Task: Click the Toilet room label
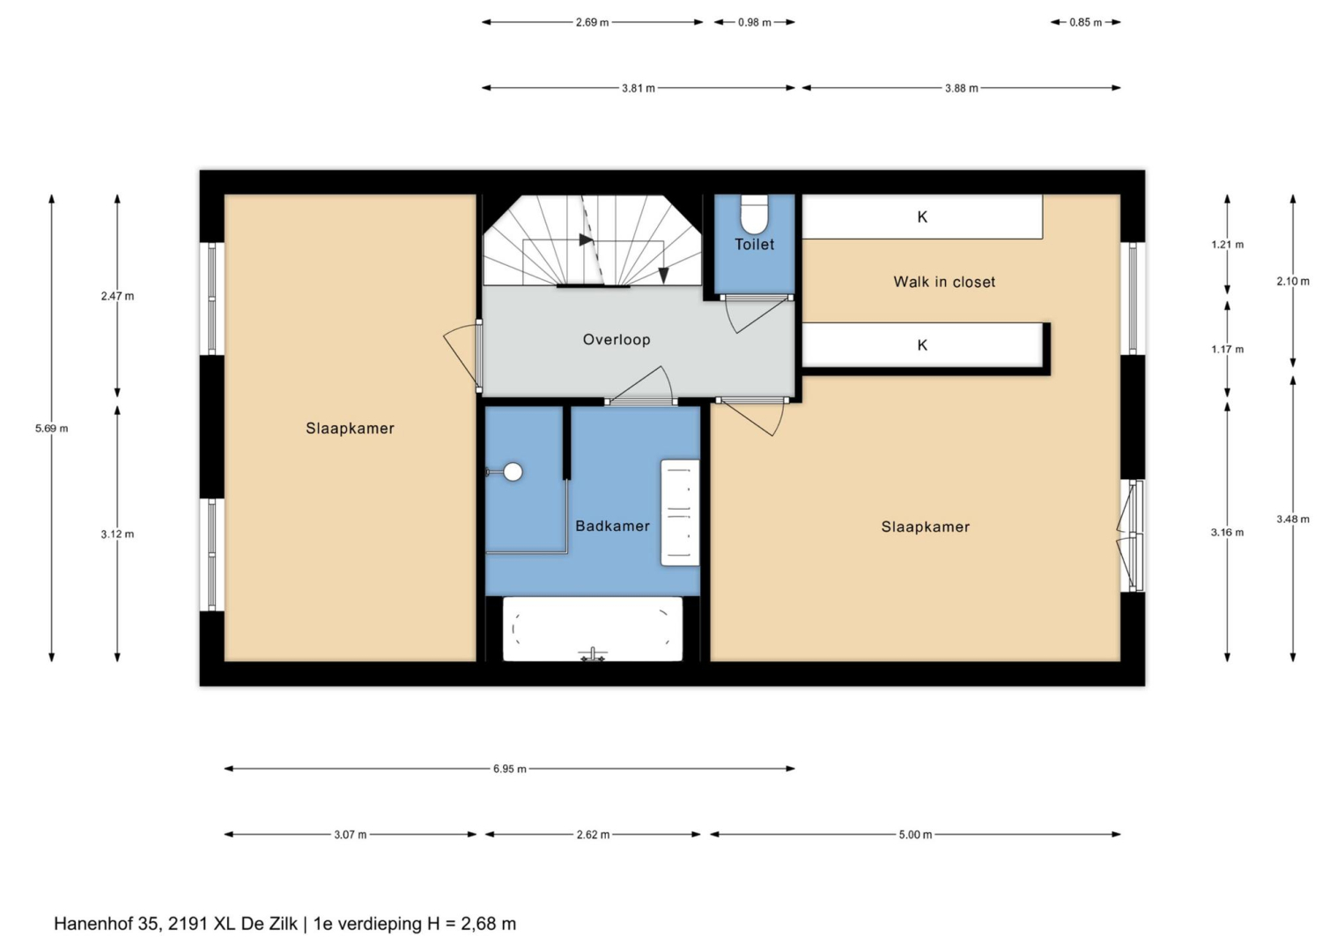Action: pos(754,244)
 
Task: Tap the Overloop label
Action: pos(617,340)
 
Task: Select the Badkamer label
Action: pos(613,527)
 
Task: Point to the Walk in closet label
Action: pos(944,282)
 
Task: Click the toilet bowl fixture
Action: pos(754,214)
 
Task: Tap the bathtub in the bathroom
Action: pos(592,629)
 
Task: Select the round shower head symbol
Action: pos(513,472)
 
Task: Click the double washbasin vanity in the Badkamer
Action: pos(680,513)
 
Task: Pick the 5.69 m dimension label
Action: pos(52,429)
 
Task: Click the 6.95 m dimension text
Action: pos(510,770)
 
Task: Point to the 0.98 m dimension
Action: pos(754,23)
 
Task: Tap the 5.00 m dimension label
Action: pos(916,835)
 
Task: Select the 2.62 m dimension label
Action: pos(593,835)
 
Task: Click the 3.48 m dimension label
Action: pos(1293,519)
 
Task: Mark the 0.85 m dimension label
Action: pos(1085,23)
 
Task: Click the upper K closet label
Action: pos(922,217)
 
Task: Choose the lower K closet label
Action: pos(922,345)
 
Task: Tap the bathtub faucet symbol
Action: pos(593,654)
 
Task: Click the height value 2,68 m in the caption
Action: pos(488,924)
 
